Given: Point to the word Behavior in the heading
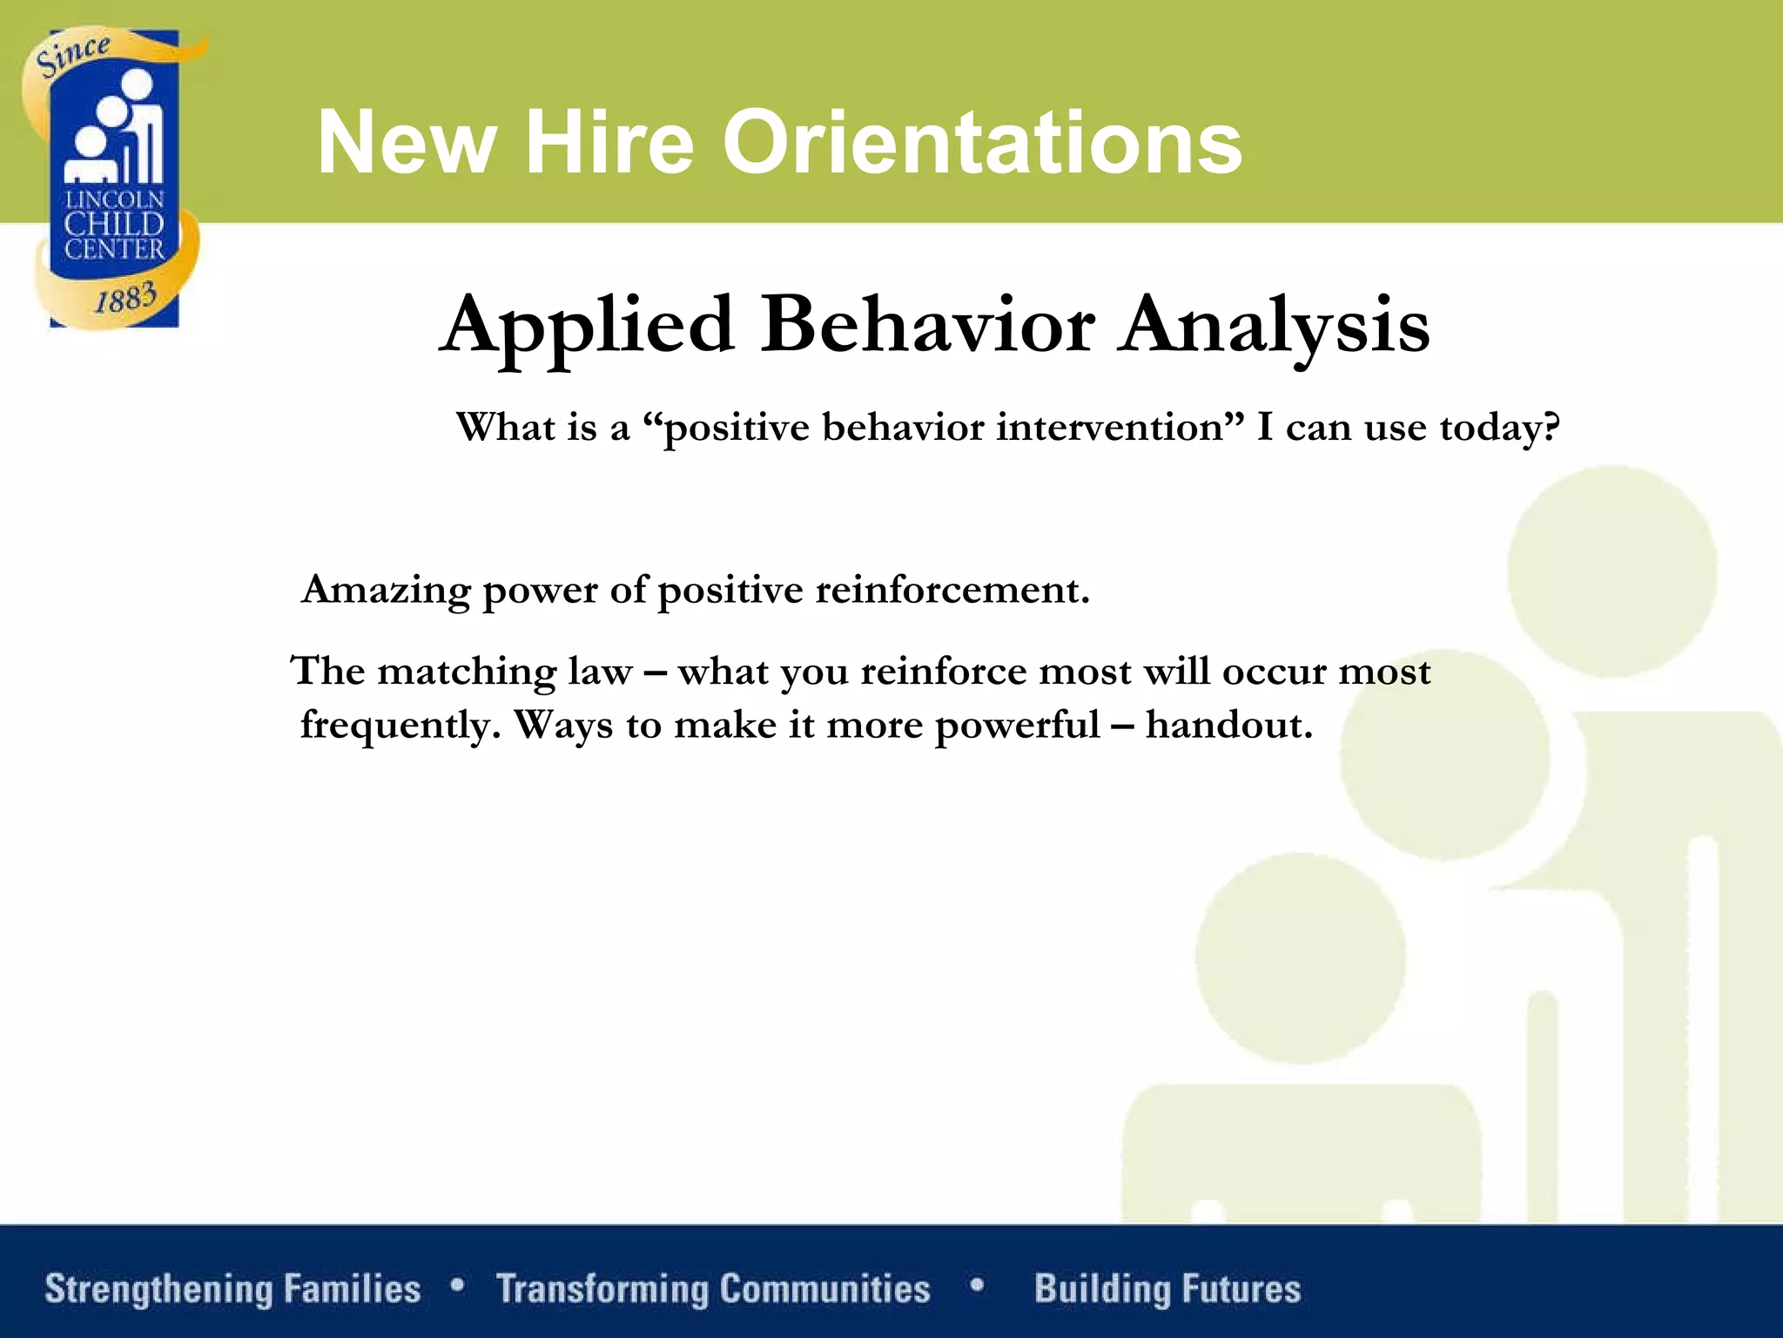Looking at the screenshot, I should pos(927,324).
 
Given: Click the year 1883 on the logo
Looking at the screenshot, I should pos(125,298).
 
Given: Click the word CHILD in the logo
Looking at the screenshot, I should pos(114,224).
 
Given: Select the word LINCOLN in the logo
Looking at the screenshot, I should pos(114,199).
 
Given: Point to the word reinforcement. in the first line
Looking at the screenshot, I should pos(952,591).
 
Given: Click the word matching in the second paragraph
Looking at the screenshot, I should pos(467,672).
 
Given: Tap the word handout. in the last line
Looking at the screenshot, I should pos(1228,725).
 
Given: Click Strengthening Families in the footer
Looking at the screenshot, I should pos(232,1288).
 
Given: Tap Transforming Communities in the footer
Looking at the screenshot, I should pos(713,1288).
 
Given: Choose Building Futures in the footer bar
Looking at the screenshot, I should pos(1167,1288).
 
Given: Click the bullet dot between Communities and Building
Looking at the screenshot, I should pos(977,1284).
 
